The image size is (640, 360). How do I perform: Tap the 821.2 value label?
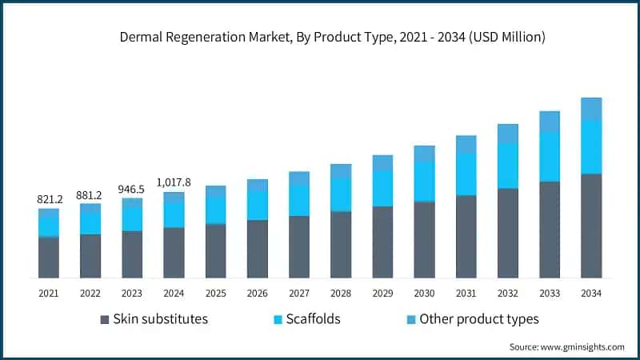coord(49,198)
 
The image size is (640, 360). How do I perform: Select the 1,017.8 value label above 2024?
coord(174,182)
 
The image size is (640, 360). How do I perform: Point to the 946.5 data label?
coord(132,189)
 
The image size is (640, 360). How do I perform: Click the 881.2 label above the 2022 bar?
coord(90,194)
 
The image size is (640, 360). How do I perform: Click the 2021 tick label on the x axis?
coord(49,294)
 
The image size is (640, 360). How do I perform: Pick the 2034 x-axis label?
coord(591,294)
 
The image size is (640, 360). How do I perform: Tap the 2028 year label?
coord(341,294)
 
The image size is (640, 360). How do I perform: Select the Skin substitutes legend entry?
coord(160,319)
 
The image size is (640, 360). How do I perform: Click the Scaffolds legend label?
coord(314,319)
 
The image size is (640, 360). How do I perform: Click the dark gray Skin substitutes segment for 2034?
coord(591,226)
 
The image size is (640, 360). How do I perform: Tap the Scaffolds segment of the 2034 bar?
coord(591,146)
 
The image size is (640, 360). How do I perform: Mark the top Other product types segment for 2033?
coord(550,121)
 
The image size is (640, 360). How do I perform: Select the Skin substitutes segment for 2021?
coord(49,257)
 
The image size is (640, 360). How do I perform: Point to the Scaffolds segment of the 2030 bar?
coord(424,181)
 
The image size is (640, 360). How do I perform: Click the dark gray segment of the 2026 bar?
coord(258,249)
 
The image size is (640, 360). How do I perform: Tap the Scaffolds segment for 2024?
coord(174,214)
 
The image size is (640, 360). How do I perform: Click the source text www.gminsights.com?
coord(566,346)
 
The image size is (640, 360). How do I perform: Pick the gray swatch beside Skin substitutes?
coord(105,320)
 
